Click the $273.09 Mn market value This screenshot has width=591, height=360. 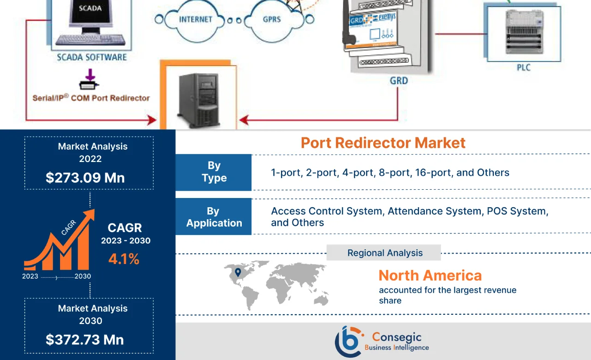click(85, 178)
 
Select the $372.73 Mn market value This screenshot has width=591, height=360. click(85, 340)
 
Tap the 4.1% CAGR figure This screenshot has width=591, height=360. click(124, 259)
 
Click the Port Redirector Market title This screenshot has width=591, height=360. click(383, 143)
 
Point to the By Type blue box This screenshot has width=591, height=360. click(214, 172)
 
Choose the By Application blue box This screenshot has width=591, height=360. click(214, 217)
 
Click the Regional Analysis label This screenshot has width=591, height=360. click(385, 253)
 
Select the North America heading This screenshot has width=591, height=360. click(430, 276)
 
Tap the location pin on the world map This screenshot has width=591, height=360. click(238, 272)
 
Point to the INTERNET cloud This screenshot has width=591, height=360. click(195, 20)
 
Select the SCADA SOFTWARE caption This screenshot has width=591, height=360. click(91, 58)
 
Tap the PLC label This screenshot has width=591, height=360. click(523, 68)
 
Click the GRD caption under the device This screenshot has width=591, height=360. click(399, 81)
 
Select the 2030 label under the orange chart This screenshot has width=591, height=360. click(83, 276)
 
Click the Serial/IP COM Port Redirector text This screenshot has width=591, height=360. click(91, 98)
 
